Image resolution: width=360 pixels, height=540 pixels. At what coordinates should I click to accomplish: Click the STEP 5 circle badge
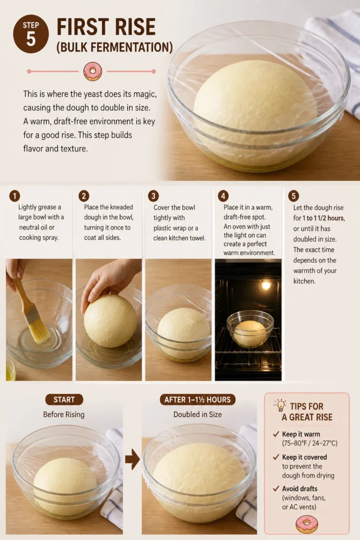pos(31,34)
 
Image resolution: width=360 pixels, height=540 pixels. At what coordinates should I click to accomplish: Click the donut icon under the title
pos(93,71)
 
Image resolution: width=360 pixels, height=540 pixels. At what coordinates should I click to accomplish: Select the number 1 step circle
pos(14,196)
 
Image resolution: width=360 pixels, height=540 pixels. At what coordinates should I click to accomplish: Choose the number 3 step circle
pos(153,196)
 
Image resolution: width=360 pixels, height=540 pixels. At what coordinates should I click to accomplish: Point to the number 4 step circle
pos(223,196)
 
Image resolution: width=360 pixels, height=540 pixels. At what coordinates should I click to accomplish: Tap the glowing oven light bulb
pos(266,285)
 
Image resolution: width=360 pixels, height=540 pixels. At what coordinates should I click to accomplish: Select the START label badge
pos(64,400)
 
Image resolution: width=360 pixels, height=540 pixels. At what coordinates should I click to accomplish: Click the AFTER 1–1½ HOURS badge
pos(198,400)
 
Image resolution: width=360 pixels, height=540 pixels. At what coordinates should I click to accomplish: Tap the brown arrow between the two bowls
pos(132,459)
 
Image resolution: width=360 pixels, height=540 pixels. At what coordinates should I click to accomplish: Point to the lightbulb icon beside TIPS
pos(281,406)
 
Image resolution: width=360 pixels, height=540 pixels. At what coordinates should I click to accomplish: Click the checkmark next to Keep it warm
pos(276,435)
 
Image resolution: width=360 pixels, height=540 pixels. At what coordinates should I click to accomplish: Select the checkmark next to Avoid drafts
pos(276,489)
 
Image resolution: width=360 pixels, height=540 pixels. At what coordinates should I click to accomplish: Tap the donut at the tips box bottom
pos(307,524)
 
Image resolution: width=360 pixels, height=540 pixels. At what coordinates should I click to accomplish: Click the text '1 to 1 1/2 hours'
pos(323,218)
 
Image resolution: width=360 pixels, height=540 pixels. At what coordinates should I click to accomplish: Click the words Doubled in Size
pos(198,414)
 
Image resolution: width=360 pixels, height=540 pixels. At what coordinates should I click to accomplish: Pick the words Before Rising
pos(64,414)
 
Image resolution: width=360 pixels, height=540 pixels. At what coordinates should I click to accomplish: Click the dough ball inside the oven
pos(250,333)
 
